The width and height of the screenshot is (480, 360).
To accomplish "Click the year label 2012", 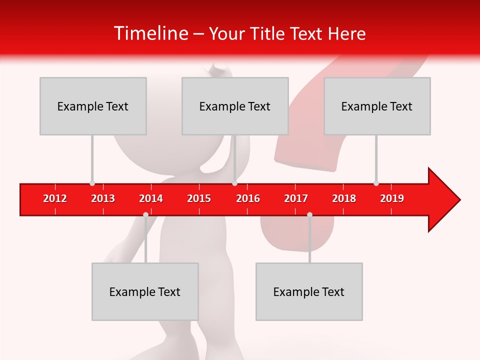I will pyautogui.click(x=55, y=198).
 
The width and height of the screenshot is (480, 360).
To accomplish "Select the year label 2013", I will pyautogui.click(x=103, y=198).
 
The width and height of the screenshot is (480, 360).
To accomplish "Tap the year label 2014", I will pyautogui.click(x=151, y=198).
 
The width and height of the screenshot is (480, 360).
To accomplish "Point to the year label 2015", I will pyautogui.click(x=199, y=198).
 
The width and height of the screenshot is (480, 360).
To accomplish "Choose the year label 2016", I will pyautogui.click(x=248, y=198).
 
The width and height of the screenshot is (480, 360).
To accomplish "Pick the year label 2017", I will pyautogui.click(x=296, y=198).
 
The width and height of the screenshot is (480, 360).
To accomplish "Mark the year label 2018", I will pyautogui.click(x=344, y=198).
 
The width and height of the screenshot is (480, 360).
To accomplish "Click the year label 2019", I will pyautogui.click(x=392, y=198).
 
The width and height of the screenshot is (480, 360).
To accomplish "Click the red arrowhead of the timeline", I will pyautogui.click(x=443, y=200).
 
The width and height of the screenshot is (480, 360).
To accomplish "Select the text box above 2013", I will pyautogui.click(x=93, y=106).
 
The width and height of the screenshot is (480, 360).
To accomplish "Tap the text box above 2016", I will pyautogui.click(x=235, y=106).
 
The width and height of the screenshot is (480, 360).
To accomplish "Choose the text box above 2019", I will pyautogui.click(x=377, y=106).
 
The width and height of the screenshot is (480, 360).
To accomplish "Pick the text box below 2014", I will pyautogui.click(x=145, y=291).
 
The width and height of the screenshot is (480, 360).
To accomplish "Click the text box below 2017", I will pyautogui.click(x=309, y=291).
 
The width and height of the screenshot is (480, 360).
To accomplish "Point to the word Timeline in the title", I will pyautogui.click(x=150, y=33).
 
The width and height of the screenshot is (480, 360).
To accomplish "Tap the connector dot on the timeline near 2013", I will pyautogui.click(x=92, y=183).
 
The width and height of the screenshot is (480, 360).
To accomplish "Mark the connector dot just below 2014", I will pyautogui.click(x=145, y=214).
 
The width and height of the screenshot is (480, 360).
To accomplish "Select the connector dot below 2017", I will pyautogui.click(x=309, y=214).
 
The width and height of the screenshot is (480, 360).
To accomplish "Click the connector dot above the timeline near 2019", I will pyautogui.click(x=376, y=183).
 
